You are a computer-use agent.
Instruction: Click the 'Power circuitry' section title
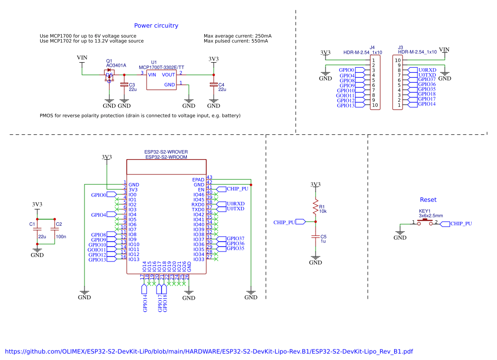156,26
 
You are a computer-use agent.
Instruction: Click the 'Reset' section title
428,200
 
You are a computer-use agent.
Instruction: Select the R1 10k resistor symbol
315,207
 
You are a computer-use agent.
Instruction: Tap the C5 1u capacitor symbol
315,238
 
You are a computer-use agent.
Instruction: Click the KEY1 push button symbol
426,223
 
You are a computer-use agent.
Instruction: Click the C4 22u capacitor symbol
214,86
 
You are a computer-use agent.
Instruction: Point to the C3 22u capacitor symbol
124,86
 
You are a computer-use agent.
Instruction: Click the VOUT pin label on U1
168,74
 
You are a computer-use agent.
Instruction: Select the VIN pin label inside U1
152,74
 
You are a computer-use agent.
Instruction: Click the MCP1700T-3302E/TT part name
162,67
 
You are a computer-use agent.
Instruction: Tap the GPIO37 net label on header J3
426,80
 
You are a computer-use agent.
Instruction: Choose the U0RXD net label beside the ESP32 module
236,204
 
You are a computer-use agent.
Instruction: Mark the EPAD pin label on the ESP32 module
198,180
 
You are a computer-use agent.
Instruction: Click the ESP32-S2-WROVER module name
166,152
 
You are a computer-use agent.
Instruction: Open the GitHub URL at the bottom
209,352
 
